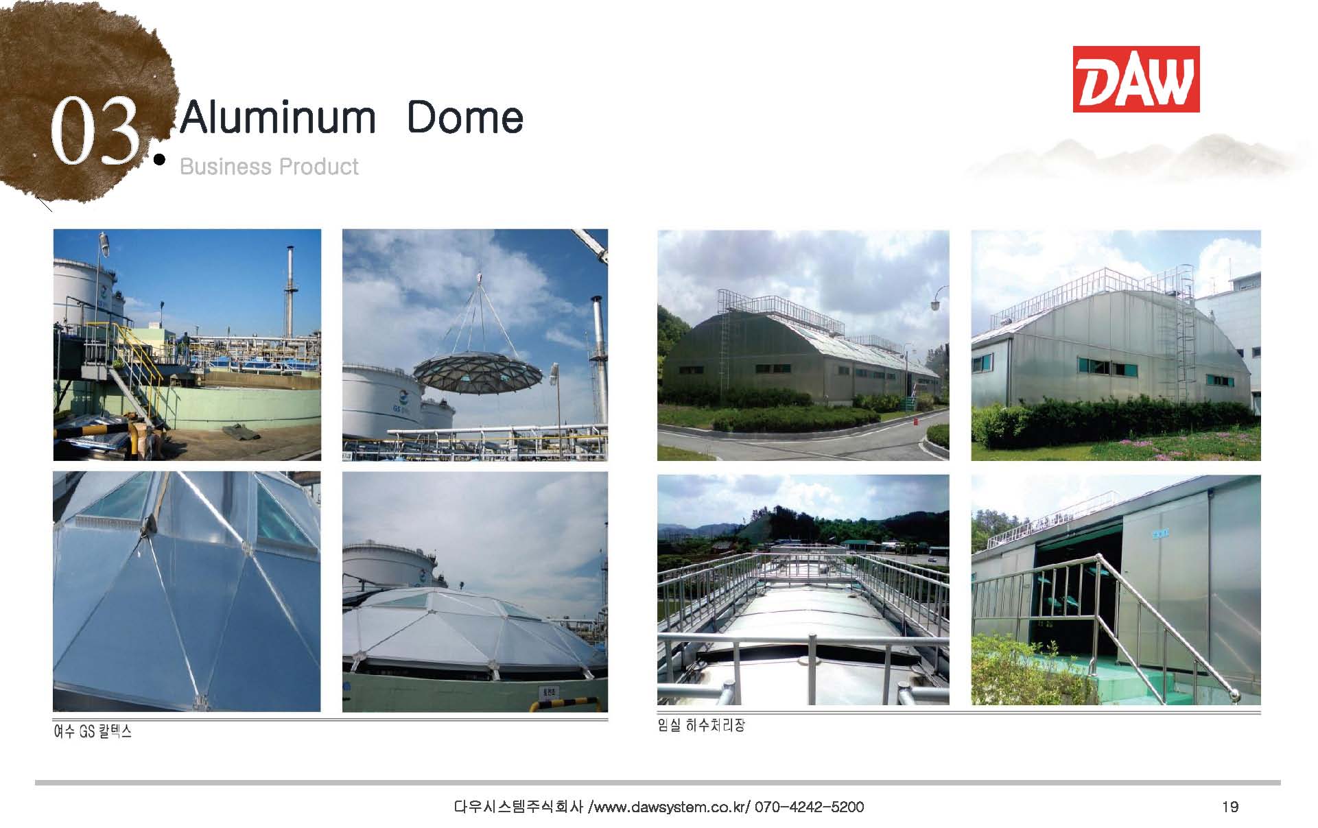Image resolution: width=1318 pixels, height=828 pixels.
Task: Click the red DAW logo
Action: click(1135, 79)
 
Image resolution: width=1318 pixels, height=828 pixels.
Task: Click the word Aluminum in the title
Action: click(278, 117)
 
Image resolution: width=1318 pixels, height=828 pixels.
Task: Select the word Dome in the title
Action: click(465, 117)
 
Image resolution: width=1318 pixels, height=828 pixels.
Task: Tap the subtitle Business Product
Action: click(269, 167)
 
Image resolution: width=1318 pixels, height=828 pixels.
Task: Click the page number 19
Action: click(1230, 807)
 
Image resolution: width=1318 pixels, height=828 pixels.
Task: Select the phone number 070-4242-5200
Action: click(809, 807)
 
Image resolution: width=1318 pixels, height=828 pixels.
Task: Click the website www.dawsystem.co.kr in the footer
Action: click(670, 807)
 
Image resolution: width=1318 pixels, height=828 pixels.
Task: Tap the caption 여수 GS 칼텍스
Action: click(93, 731)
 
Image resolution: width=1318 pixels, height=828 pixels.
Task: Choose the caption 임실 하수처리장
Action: click(701, 725)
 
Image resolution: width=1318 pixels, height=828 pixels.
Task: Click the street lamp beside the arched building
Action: click(939, 300)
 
